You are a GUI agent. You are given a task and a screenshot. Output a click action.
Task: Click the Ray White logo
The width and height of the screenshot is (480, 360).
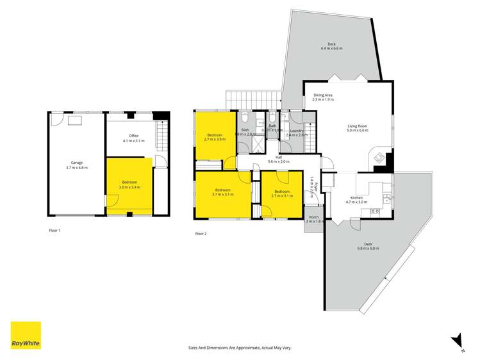(26, 335)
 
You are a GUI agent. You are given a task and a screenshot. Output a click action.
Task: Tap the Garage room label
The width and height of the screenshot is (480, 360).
(76, 163)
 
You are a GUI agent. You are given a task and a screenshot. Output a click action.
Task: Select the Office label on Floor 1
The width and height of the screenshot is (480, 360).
(133, 136)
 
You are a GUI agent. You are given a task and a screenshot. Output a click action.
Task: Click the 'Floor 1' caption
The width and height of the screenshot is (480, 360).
(54, 229)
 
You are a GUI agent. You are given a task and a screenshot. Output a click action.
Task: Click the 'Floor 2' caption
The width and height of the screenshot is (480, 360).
(201, 234)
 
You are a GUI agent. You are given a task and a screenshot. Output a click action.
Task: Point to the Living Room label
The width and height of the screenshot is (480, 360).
(358, 126)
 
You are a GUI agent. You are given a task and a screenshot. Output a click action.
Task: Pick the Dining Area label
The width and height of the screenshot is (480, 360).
(323, 95)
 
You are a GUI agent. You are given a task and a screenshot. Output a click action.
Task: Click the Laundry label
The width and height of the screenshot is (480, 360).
(296, 131)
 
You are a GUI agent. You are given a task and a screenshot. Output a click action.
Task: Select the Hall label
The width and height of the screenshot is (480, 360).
(279, 157)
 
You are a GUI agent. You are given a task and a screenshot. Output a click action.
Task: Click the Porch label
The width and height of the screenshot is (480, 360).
(314, 217)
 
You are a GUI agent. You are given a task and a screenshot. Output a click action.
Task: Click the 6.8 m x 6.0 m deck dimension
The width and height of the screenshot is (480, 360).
(368, 248)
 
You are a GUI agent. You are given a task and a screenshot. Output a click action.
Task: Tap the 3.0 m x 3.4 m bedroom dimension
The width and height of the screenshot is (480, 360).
(129, 188)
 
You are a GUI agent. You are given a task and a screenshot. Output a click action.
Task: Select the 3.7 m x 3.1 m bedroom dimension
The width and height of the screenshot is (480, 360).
(223, 194)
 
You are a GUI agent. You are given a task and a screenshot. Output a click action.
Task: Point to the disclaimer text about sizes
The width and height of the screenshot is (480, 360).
(240, 347)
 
